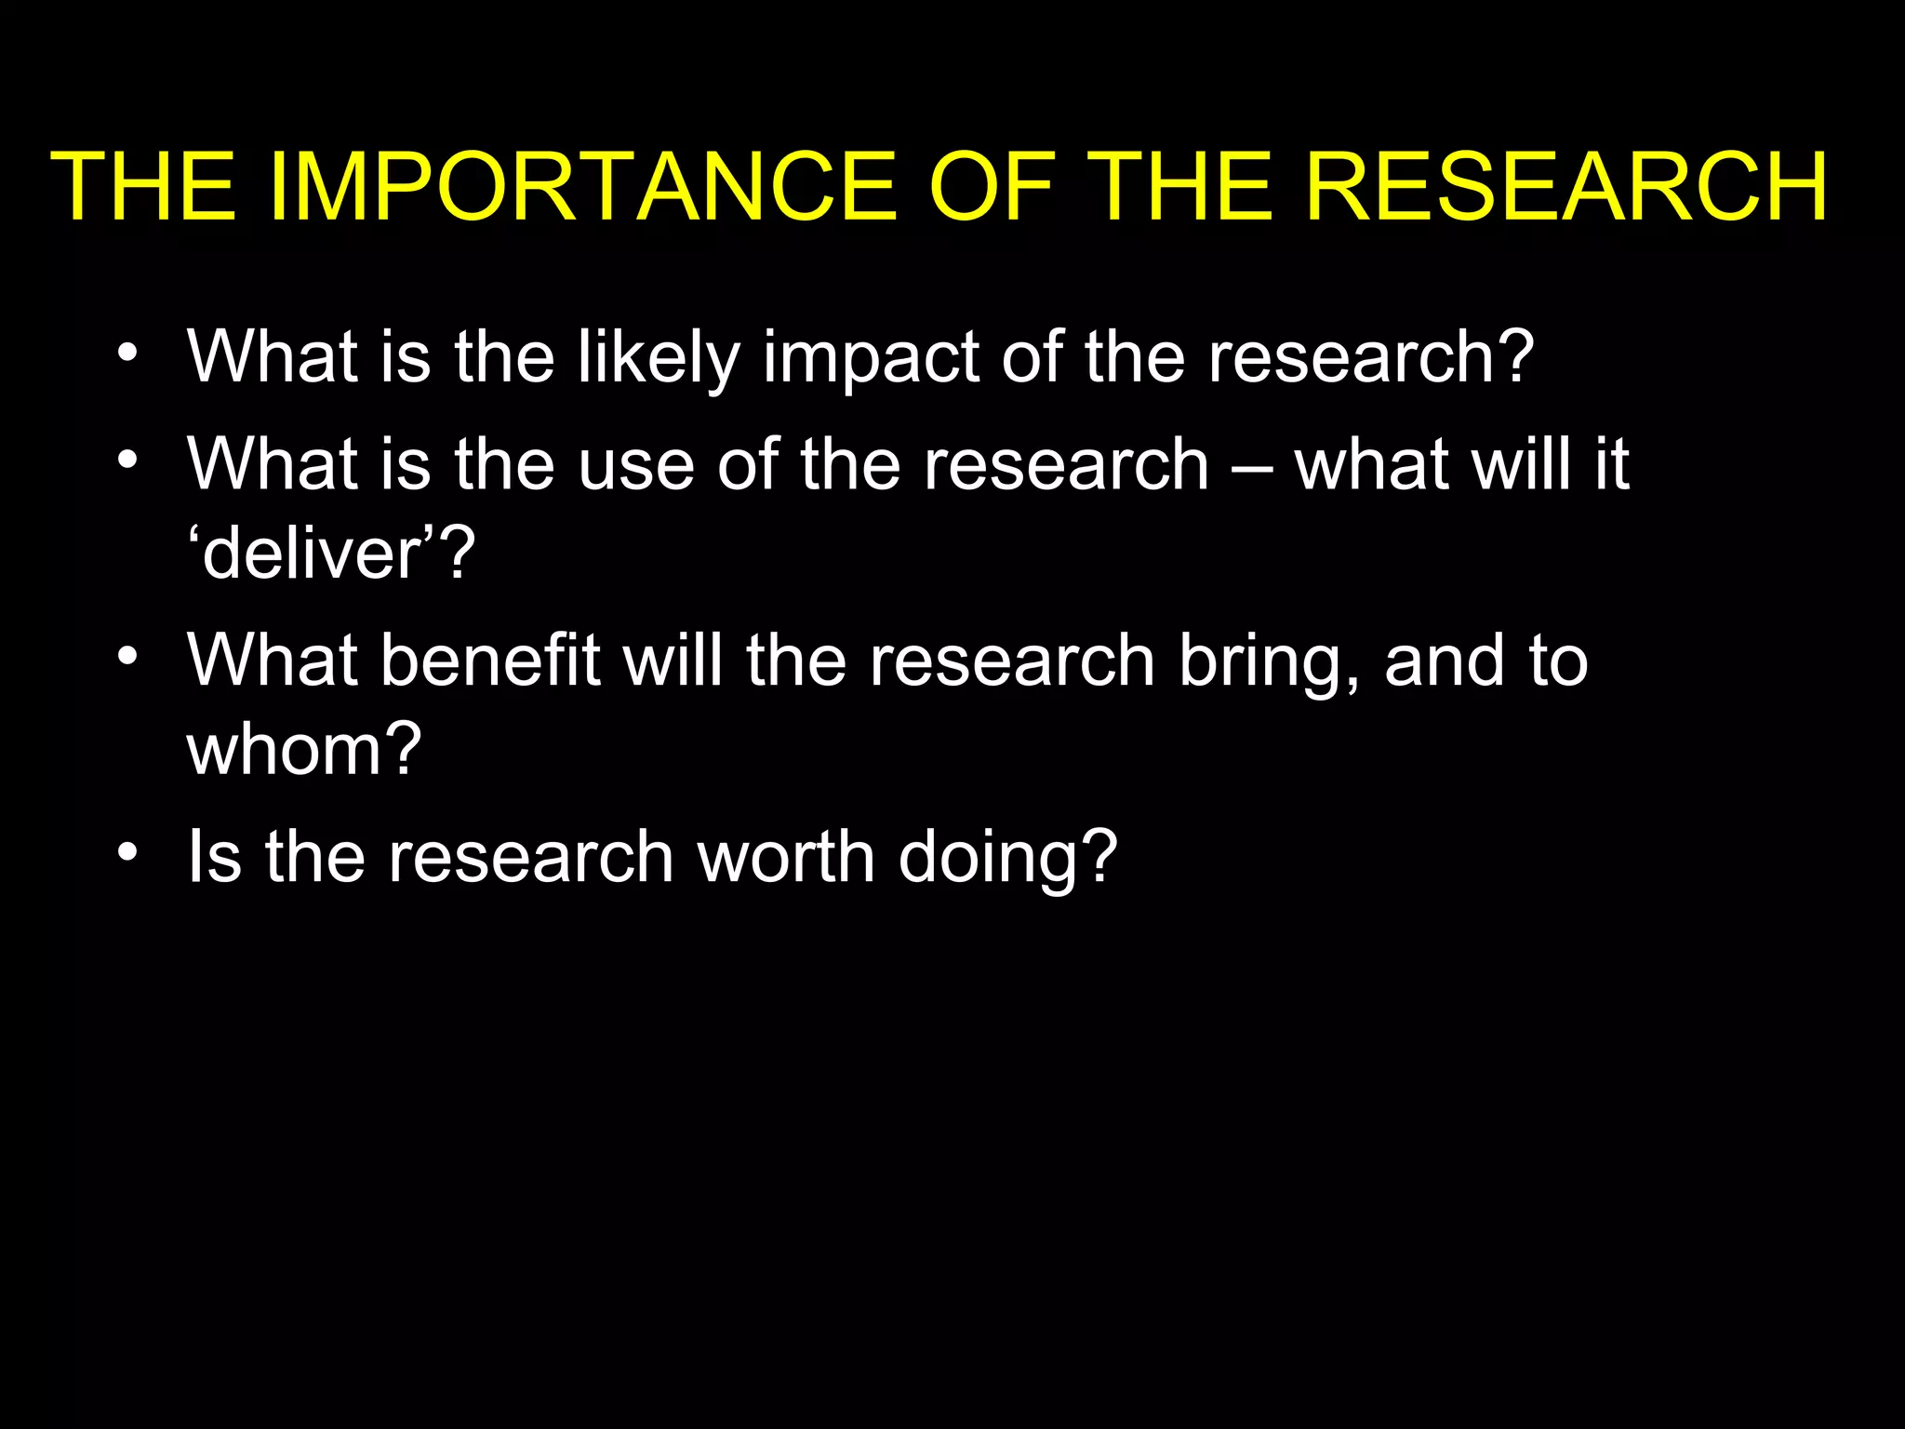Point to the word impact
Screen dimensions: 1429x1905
coord(871,357)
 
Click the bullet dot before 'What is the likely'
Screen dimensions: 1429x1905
coord(127,353)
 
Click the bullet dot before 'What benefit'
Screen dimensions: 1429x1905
coord(127,656)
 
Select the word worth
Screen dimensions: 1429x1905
coord(786,857)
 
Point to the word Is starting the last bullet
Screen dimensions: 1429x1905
coord(214,857)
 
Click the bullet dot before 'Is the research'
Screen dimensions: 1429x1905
coord(127,852)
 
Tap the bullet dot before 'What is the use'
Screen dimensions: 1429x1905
coord(127,460)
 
